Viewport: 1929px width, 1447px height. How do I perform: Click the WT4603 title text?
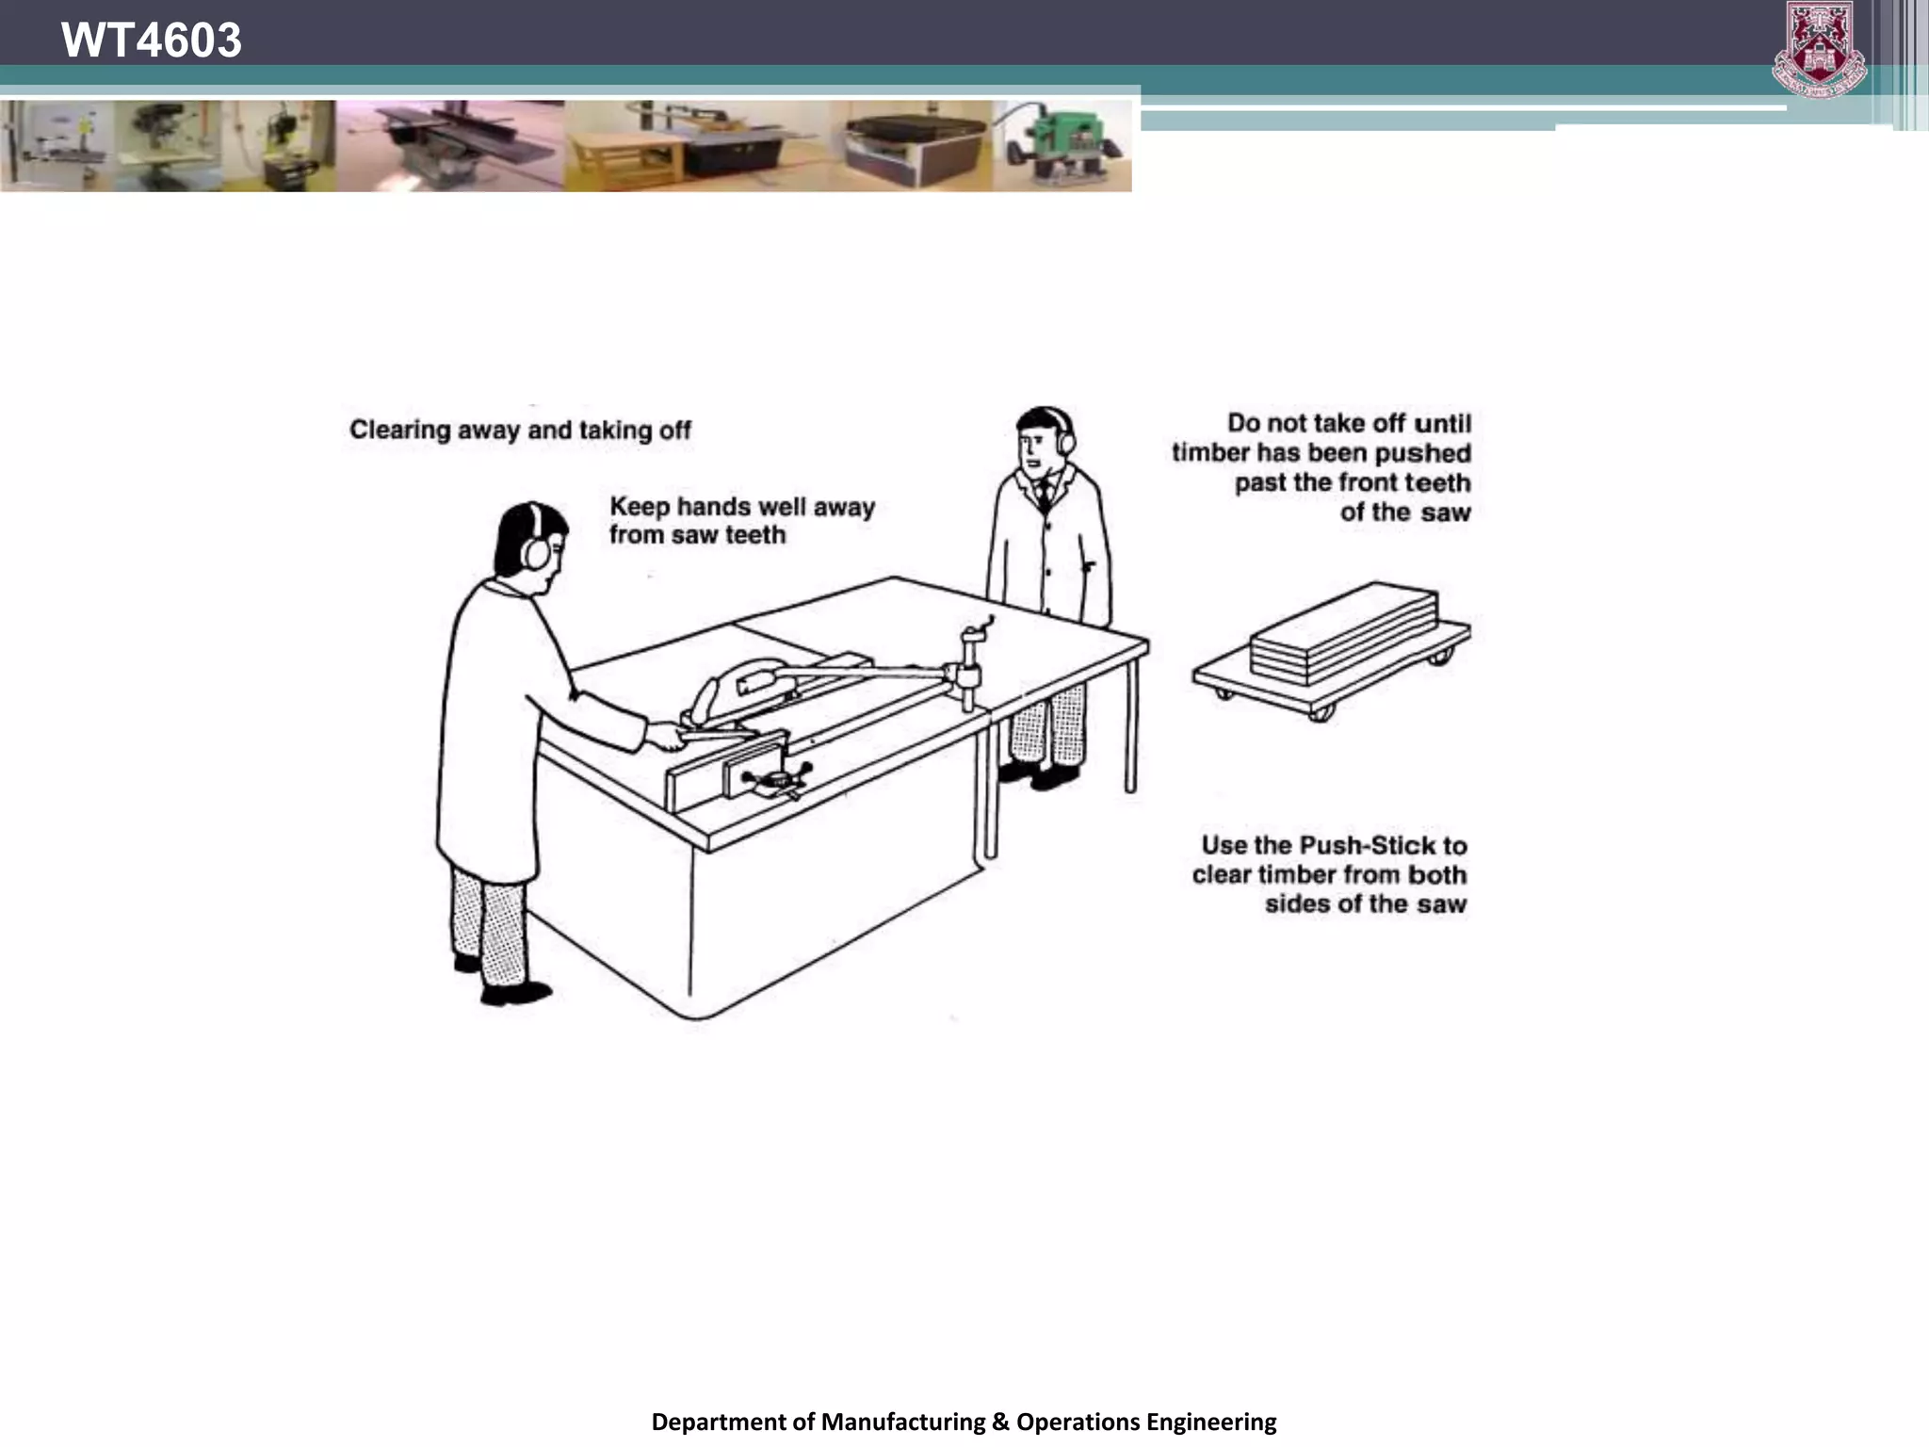152,41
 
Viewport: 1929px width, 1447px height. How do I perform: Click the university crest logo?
1819,49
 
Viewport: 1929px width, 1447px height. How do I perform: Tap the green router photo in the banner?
1062,146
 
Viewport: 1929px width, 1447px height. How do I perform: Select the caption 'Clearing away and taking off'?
520,431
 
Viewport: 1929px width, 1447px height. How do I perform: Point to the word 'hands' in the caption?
716,507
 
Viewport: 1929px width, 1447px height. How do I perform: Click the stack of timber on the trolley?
1344,631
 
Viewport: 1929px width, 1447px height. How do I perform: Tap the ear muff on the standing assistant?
1066,438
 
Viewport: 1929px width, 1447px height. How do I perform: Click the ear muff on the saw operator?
535,550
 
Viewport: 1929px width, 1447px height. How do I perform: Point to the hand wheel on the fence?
775,779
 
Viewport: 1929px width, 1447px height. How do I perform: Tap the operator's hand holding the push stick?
667,735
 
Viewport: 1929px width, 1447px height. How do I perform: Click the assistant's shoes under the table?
1038,775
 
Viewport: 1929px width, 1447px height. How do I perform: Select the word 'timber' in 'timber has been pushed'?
1210,453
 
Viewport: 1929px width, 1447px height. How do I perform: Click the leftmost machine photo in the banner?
57,146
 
